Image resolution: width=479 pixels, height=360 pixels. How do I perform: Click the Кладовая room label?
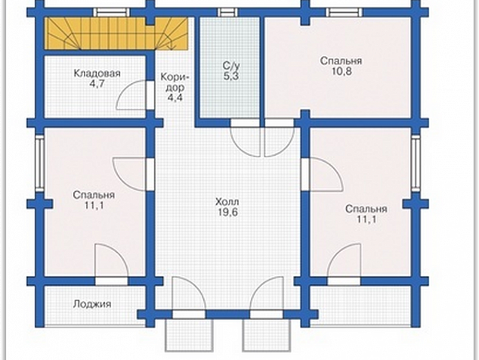pyautogui.click(x=97, y=73)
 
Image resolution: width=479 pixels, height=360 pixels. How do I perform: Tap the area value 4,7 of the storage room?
pyautogui.click(x=97, y=84)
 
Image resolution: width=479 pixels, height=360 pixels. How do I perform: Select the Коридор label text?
pyautogui.click(x=175, y=82)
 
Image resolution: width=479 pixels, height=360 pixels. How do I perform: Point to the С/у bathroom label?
pyautogui.click(x=231, y=66)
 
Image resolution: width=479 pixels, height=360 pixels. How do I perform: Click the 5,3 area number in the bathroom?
pyautogui.click(x=230, y=76)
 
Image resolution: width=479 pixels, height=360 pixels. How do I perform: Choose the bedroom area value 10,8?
pyautogui.click(x=341, y=71)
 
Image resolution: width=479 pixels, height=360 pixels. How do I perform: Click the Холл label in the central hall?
pyautogui.click(x=227, y=202)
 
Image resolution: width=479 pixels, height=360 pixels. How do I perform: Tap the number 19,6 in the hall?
pyautogui.click(x=228, y=213)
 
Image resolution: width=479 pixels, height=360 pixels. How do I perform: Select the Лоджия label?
pyautogui.click(x=92, y=304)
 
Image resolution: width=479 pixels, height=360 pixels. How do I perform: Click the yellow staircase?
pyautogui.click(x=116, y=33)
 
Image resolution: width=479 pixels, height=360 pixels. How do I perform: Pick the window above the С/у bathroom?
pyautogui.click(x=228, y=12)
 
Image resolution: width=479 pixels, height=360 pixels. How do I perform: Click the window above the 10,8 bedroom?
pyautogui.click(x=345, y=12)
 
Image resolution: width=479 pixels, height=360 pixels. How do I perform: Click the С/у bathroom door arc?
pyautogui.click(x=244, y=138)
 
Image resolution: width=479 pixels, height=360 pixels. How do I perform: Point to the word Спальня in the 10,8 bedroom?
pyautogui.click(x=341, y=61)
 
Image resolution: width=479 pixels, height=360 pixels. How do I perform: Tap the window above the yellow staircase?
pyautogui.click(x=111, y=12)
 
